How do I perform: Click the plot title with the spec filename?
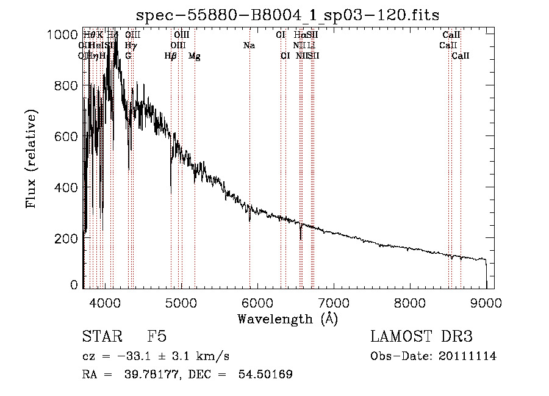pyautogui.click(x=288, y=14)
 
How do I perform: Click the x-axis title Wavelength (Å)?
pyautogui.click(x=287, y=319)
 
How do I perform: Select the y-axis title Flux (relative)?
pyautogui.click(x=32, y=159)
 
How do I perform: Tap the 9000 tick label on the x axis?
pyautogui.click(x=486, y=302)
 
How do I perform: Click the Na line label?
pyautogui.click(x=249, y=46)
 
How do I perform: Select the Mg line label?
pyautogui.click(x=195, y=56)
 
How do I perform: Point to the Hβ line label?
pyautogui.click(x=171, y=56)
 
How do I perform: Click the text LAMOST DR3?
pyautogui.click(x=422, y=337)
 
